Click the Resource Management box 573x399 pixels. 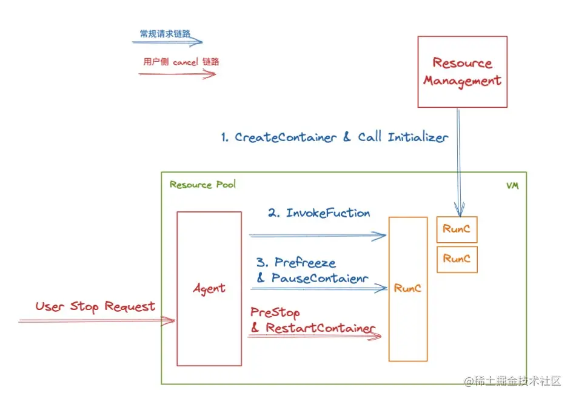point(462,71)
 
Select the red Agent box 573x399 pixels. point(209,289)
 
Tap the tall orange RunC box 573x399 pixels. point(407,289)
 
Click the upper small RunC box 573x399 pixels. point(457,229)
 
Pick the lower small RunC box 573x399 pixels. point(457,259)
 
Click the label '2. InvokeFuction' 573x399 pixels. point(319,213)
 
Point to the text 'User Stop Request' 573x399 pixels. point(95,306)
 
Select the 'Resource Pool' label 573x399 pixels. point(203,185)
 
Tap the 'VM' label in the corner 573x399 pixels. point(512,186)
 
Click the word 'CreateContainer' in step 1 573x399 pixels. point(286,137)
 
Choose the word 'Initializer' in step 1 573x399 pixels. point(417,137)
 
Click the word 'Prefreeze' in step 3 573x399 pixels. point(305,263)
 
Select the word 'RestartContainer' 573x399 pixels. point(321,328)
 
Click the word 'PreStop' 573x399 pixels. point(275,312)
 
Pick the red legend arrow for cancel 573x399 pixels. point(177,74)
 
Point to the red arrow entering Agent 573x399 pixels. point(97,321)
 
